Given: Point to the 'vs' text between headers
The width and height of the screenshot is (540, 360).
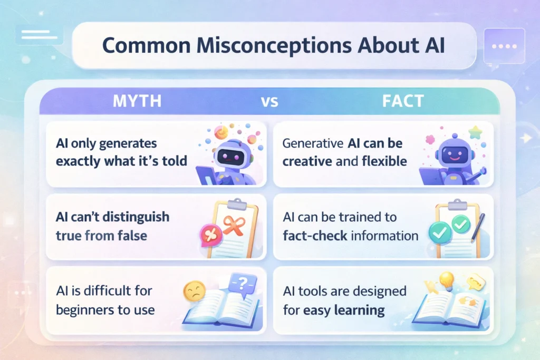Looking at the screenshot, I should (269, 102).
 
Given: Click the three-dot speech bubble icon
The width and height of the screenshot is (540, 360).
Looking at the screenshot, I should (505, 46).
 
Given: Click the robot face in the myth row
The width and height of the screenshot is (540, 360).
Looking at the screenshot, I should (230, 157).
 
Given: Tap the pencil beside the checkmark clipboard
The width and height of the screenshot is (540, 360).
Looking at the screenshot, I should (478, 223).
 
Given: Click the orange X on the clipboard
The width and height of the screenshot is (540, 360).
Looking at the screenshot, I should (231, 225).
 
